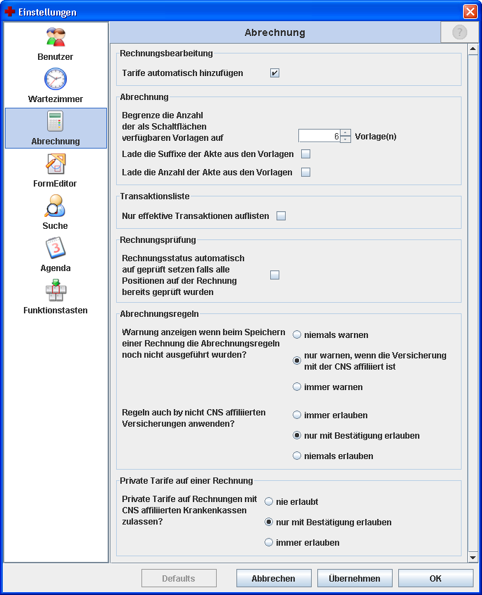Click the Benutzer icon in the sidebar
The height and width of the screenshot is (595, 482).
pyautogui.click(x=56, y=38)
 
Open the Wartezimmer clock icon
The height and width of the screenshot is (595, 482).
pyautogui.click(x=56, y=80)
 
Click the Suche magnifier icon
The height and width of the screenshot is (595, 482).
pyautogui.click(x=56, y=207)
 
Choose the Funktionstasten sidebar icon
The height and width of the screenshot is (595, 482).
pyautogui.click(x=56, y=291)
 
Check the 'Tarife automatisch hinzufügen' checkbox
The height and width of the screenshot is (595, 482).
pyautogui.click(x=275, y=73)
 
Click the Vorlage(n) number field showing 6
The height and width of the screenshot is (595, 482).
pyautogui.click(x=319, y=136)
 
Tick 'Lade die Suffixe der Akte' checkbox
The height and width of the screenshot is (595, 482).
pyautogui.click(x=306, y=154)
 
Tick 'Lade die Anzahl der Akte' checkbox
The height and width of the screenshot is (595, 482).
pyautogui.click(x=306, y=173)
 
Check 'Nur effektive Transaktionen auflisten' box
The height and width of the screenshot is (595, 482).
pyautogui.click(x=281, y=216)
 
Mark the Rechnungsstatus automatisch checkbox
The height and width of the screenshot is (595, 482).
pyautogui.click(x=275, y=275)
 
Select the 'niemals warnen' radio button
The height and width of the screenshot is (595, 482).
pyautogui.click(x=298, y=335)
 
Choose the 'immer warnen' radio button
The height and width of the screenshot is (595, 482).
pyautogui.click(x=298, y=387)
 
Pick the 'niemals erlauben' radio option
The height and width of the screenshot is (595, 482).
pyautogui.click(x=298, y=456)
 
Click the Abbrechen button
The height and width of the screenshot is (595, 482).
pyautogui.click(x=274, y=579)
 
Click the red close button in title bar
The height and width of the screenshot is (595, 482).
pyautogui.click(x=470, y=12)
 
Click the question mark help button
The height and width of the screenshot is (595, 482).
pyautogui.click(x=459, y=32)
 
